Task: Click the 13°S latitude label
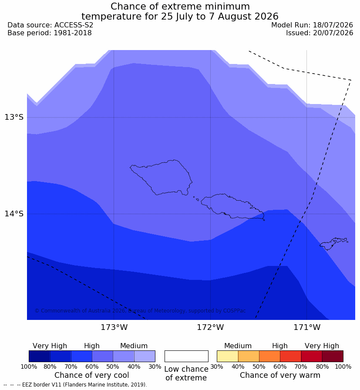coord(14,117)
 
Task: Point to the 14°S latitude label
coord(14,213)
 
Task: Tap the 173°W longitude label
coord(114,327)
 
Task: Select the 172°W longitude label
coord(211,327)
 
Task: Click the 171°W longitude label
coord(307,327)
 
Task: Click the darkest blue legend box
coord(40,356)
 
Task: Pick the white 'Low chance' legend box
coord(186,356)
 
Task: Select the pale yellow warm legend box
coord(228,356)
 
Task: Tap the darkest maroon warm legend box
coord(333,356)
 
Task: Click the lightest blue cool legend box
coord(145,356)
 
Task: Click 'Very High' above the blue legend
coord(50,346)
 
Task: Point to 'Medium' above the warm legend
coord(238,346)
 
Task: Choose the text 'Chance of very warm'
coord(280,375)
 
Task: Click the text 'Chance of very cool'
coord(91,375)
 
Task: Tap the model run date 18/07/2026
coord(333,25)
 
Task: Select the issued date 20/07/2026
coord(333,33)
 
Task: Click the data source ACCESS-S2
coord(74,25)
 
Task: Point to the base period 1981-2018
coord(73,33)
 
